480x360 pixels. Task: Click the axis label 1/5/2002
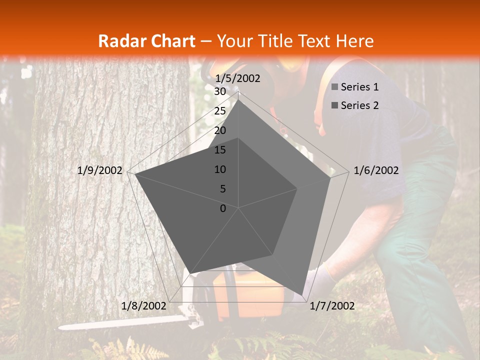tap(237, 78)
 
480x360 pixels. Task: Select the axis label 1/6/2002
tap(376, 170)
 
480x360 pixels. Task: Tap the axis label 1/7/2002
tap(332, 306)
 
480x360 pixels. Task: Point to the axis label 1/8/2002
tap(143, 306)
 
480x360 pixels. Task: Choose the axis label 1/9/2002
tap(100, 170)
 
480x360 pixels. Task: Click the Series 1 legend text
tap(359, 87)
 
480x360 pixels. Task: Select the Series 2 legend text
tap(359, 105)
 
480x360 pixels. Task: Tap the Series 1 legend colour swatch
tap(335, 87)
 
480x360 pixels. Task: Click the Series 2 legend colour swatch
tap(335, 105)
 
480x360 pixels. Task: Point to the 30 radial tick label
tap(219, 91)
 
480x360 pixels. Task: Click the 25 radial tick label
tap(219, 111)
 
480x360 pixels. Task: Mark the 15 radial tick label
tap(219, 150)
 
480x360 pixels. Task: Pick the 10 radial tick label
tap(219, 169)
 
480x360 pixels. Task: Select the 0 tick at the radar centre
tap(223, 208)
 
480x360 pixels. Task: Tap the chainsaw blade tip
tap(61, 327)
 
